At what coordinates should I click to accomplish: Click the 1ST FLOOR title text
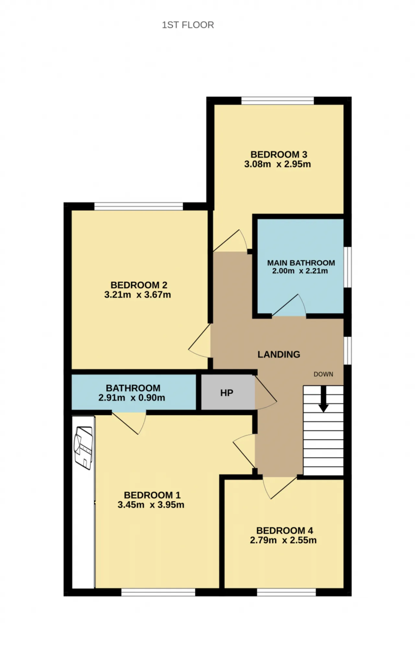tap(188, 25)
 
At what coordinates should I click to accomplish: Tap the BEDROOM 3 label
tap(279, 154)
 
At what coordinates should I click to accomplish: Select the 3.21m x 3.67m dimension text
tap(137, 295)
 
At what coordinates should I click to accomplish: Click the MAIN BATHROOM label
tap(301, 263)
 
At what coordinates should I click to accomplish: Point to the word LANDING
tap(279, 354)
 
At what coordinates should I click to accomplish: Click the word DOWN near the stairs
tap(323, 374)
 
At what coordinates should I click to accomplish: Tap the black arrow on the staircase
tap(323, 399)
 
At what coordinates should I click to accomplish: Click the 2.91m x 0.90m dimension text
tap(132, 397)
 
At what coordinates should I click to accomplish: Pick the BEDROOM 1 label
tap(152, 495)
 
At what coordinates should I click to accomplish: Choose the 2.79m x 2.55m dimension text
tap(283, 540)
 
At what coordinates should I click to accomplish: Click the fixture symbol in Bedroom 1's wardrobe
tap(83, 448)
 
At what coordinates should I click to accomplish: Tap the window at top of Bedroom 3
tap(278, 101)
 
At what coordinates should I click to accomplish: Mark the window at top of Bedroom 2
tap(139, 206)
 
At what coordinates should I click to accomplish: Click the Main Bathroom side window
tap(348, 267)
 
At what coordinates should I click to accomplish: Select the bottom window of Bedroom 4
tap(287, 592)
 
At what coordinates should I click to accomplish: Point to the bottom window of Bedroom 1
tap(158, 592)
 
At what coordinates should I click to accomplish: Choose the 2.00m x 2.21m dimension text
tap(300, 271)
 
